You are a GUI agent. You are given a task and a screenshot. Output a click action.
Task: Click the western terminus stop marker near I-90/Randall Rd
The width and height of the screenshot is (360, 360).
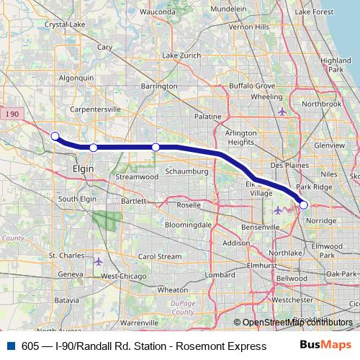click(x=55, y=135)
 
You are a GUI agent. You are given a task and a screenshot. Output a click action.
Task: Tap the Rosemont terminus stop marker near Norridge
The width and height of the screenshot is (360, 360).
click(x=304, y=205)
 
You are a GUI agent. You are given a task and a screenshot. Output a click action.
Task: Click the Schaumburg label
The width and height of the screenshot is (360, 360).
click(x=186, y=172)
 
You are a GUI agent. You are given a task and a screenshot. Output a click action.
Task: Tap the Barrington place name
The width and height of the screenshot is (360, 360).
click(x=159, y=86)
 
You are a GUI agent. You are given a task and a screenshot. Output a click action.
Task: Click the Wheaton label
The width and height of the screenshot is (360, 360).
click(x=172, y=289)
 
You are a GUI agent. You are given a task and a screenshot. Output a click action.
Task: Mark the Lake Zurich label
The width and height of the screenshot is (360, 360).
click(x=180, y=55)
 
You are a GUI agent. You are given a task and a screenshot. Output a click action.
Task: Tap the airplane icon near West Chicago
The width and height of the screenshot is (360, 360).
click(x=99, y=261)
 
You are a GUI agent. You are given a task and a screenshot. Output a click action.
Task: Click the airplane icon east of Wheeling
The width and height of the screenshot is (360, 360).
click(x=282, y=112)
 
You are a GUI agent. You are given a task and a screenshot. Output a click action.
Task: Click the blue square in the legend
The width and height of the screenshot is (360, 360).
click(x=10, y=346)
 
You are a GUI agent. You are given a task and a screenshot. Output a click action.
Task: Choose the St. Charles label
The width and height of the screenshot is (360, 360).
click(x=67, y=256)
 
